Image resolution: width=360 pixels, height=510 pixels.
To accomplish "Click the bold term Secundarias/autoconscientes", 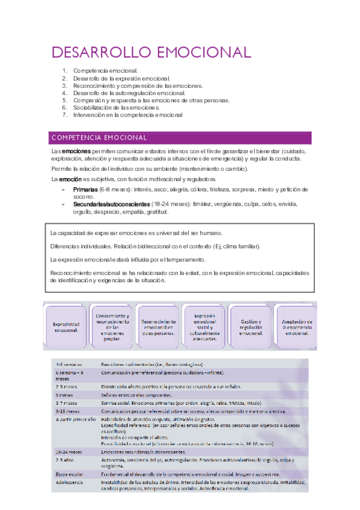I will [x=111, y=204].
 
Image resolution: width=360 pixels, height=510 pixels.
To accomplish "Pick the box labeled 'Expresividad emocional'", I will [x=63, y=327].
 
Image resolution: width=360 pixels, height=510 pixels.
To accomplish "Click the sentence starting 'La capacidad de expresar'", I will [x=136, y=233].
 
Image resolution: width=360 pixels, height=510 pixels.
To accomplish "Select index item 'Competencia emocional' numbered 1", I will [x=105, y=71].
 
